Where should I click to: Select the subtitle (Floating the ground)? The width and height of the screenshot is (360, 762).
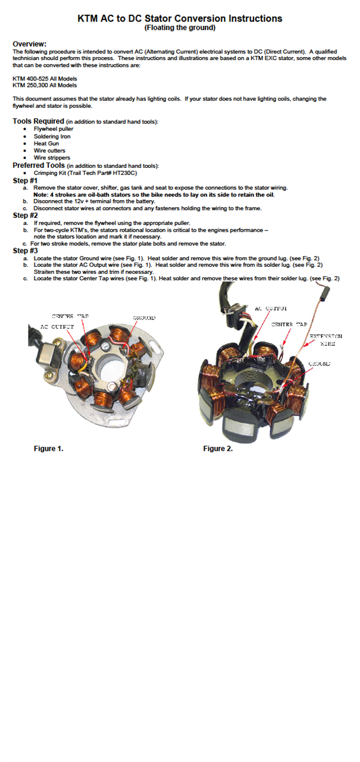180,27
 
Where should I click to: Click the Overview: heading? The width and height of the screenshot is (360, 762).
30,44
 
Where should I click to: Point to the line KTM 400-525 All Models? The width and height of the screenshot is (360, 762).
45,79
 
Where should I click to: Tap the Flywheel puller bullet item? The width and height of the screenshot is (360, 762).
54,129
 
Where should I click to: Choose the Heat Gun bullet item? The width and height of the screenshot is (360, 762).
46,143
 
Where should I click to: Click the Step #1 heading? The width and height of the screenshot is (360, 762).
26,180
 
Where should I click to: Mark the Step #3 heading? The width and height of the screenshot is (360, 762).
26,251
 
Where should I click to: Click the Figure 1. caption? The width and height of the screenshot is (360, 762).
48,448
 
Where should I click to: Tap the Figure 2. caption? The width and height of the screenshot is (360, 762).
218,448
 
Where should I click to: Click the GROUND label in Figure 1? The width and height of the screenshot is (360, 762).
144,318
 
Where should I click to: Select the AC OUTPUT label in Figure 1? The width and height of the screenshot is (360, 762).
57,327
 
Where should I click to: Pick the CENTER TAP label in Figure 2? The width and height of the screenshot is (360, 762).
289,324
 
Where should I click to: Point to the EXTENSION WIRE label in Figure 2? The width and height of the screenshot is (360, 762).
326,340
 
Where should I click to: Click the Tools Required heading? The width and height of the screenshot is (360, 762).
38,121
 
